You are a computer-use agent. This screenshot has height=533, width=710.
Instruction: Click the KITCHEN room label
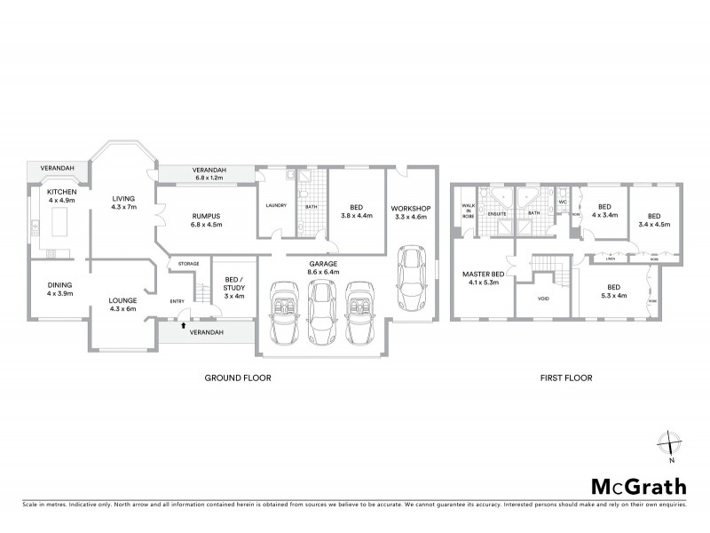49,192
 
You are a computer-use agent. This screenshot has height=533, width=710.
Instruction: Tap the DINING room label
48,284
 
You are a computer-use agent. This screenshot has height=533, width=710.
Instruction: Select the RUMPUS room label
205,216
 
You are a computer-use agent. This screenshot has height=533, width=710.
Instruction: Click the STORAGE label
187,264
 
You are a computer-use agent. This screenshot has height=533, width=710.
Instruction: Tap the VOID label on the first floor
542,298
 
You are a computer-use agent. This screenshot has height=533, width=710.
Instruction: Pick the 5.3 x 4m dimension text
613,297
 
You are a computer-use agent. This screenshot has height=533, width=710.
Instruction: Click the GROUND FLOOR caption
237,378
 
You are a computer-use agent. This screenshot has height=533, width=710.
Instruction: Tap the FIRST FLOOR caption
565,378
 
